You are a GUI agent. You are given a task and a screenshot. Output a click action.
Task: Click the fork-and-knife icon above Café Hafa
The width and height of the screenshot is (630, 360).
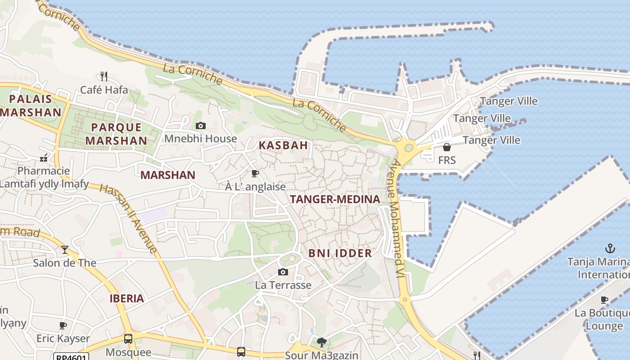coord(104,76)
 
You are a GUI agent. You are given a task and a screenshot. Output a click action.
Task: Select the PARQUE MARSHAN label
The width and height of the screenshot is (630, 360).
coord(116,134)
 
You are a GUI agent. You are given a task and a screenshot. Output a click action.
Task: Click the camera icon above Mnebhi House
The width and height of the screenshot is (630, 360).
coord(201,126)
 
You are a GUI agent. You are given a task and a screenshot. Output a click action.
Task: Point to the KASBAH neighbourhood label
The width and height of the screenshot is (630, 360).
coord(283,145)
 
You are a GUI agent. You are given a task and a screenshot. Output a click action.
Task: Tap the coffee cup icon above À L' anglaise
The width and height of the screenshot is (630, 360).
coord(255,173)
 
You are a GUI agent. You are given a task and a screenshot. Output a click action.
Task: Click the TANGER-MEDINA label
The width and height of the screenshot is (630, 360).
coord(335,199)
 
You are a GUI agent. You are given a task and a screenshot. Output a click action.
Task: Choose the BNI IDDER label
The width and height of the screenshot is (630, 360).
coord(340,253)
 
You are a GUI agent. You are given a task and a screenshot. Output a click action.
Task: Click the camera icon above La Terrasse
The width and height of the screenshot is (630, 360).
coord(283,272)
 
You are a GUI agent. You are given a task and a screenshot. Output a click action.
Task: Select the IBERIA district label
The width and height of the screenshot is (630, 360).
coord(127,298)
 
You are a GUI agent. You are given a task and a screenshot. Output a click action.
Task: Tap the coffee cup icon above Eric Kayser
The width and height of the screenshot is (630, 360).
coord(63,325)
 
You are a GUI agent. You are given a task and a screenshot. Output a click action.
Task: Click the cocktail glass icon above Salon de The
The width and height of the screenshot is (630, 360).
coord(65,249)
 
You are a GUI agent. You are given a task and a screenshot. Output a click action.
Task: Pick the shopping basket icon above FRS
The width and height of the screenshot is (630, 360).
coord(447,147)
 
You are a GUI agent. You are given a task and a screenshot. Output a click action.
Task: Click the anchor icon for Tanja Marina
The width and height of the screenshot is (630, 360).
coord(610,248)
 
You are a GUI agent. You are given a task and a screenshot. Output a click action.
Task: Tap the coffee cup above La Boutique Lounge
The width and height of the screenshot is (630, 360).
coord(604,300)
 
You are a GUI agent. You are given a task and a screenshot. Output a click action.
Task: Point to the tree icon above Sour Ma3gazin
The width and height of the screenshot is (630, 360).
coord(321,343)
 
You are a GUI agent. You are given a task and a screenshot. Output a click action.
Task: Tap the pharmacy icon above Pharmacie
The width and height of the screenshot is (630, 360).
coord(44,158)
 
